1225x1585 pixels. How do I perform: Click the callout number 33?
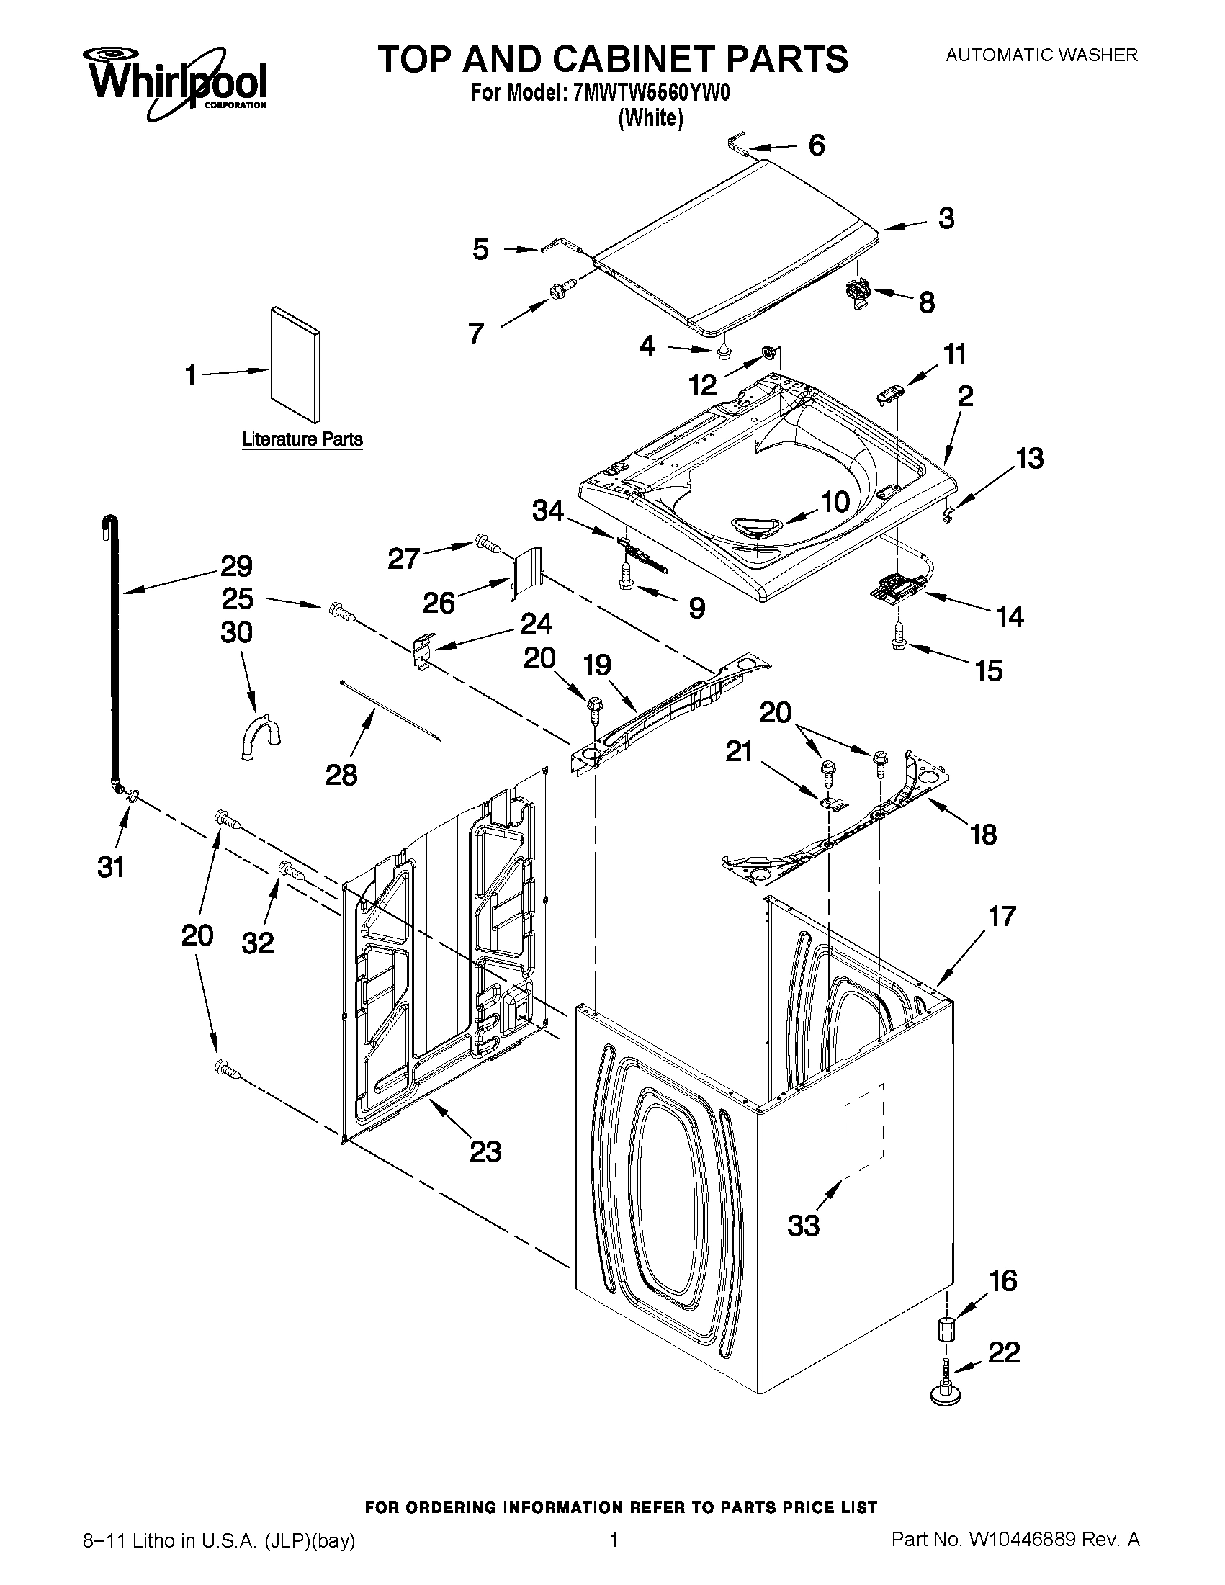point(804,1225)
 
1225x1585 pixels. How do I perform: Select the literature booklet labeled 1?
point(295,364)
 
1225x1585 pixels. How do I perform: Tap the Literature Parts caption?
point(302,439)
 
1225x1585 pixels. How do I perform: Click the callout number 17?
point(1002,917)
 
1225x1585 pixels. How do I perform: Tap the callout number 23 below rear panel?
point(485,1151)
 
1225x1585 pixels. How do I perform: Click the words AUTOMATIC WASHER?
point(1041,55)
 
